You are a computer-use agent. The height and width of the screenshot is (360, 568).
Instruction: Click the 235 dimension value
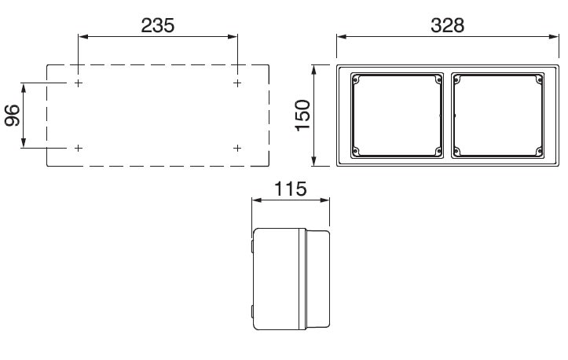click(158, 26)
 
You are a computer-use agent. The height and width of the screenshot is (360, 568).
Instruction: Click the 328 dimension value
click(447, 26)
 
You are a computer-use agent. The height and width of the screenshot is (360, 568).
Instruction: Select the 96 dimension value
click(13, 116)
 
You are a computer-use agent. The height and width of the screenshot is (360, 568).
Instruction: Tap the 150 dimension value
click(302, 116)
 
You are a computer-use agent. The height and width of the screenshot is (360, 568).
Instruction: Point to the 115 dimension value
click(291, 189)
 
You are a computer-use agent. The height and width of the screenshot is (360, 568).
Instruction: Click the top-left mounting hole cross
click(79, 83)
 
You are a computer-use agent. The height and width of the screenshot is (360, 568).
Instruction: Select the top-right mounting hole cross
click(237, 83)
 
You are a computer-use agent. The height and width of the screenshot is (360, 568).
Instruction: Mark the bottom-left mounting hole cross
click(79, 148)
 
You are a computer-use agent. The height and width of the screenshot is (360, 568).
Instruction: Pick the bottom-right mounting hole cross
click(237, 148)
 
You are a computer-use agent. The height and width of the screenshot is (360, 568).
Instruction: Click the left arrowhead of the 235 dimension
click(83, 36)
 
